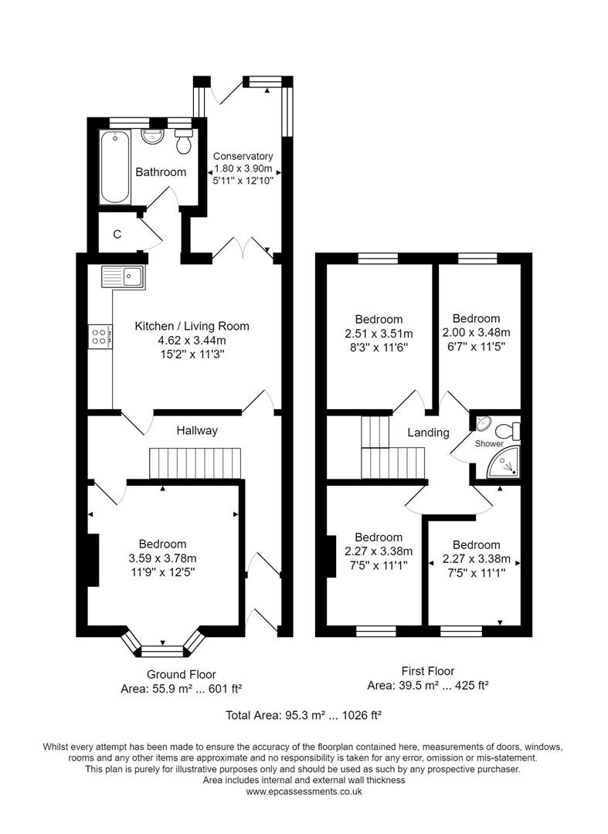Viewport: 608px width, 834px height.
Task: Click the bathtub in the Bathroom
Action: click(114, 167)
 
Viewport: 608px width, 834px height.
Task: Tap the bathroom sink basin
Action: click(151, 137)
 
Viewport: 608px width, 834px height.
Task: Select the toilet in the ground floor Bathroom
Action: click(184, 142)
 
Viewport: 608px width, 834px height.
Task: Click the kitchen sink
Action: click(123, 276)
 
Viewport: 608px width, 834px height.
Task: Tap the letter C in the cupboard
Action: click(117, 235)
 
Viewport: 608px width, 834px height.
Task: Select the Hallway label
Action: click(196, 430)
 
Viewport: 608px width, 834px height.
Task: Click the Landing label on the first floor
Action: click(429, 432)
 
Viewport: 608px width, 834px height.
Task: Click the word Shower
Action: click(489, 444)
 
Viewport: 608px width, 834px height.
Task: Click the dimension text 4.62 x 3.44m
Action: click(192, 340)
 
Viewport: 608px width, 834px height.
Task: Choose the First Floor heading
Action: click(428, 671)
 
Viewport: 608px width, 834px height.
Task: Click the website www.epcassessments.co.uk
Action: click(304, 792)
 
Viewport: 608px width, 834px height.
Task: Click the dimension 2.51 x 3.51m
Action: click(379, 333)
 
